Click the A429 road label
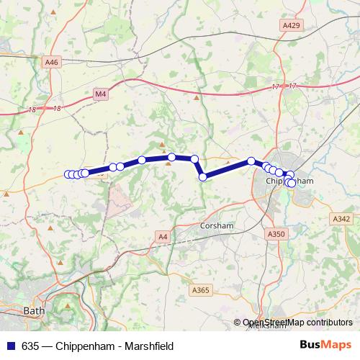(x=290, y=25)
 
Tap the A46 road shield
(x=50, y=63)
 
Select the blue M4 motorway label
(x=99, y=93)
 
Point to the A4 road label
(x=163, y=235)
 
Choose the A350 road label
(x=276, y=234)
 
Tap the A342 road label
(x=341, y=218)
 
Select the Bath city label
(x=33, y=311)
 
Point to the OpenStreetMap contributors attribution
(x=297, y=323)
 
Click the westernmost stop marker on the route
(x=68, y=174)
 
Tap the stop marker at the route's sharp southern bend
(x=203, y=176)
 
